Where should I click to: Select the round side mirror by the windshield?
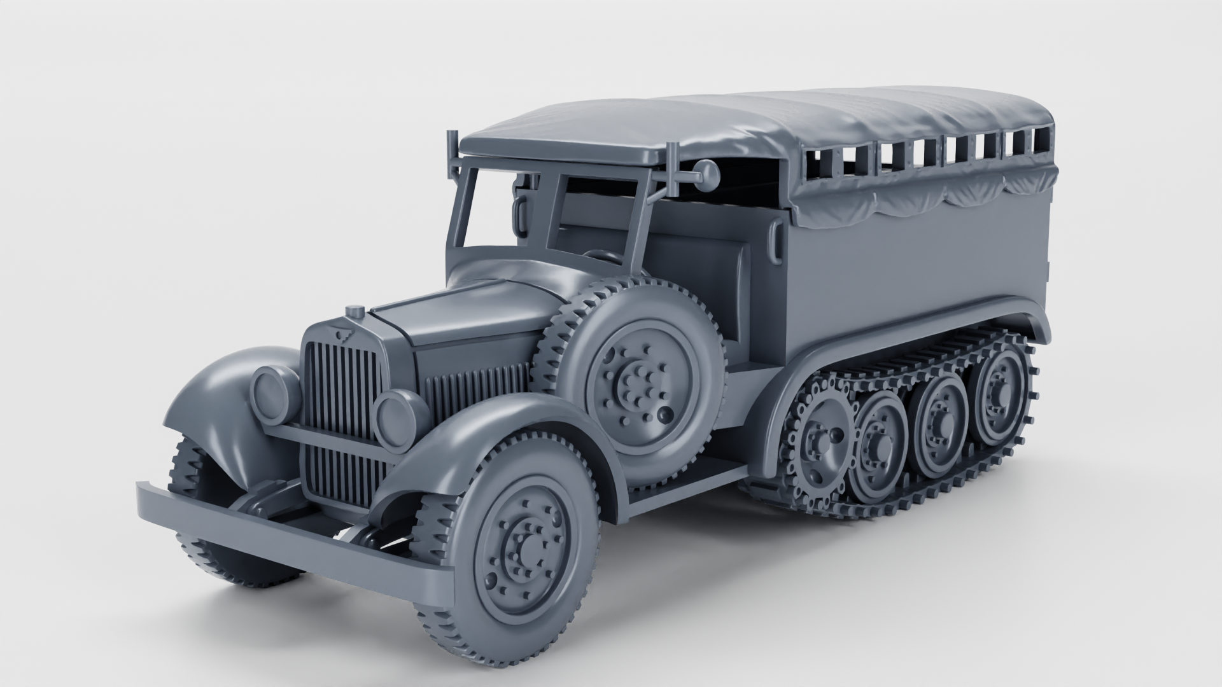tap(706, 172)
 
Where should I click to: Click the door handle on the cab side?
tap(776, 242)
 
